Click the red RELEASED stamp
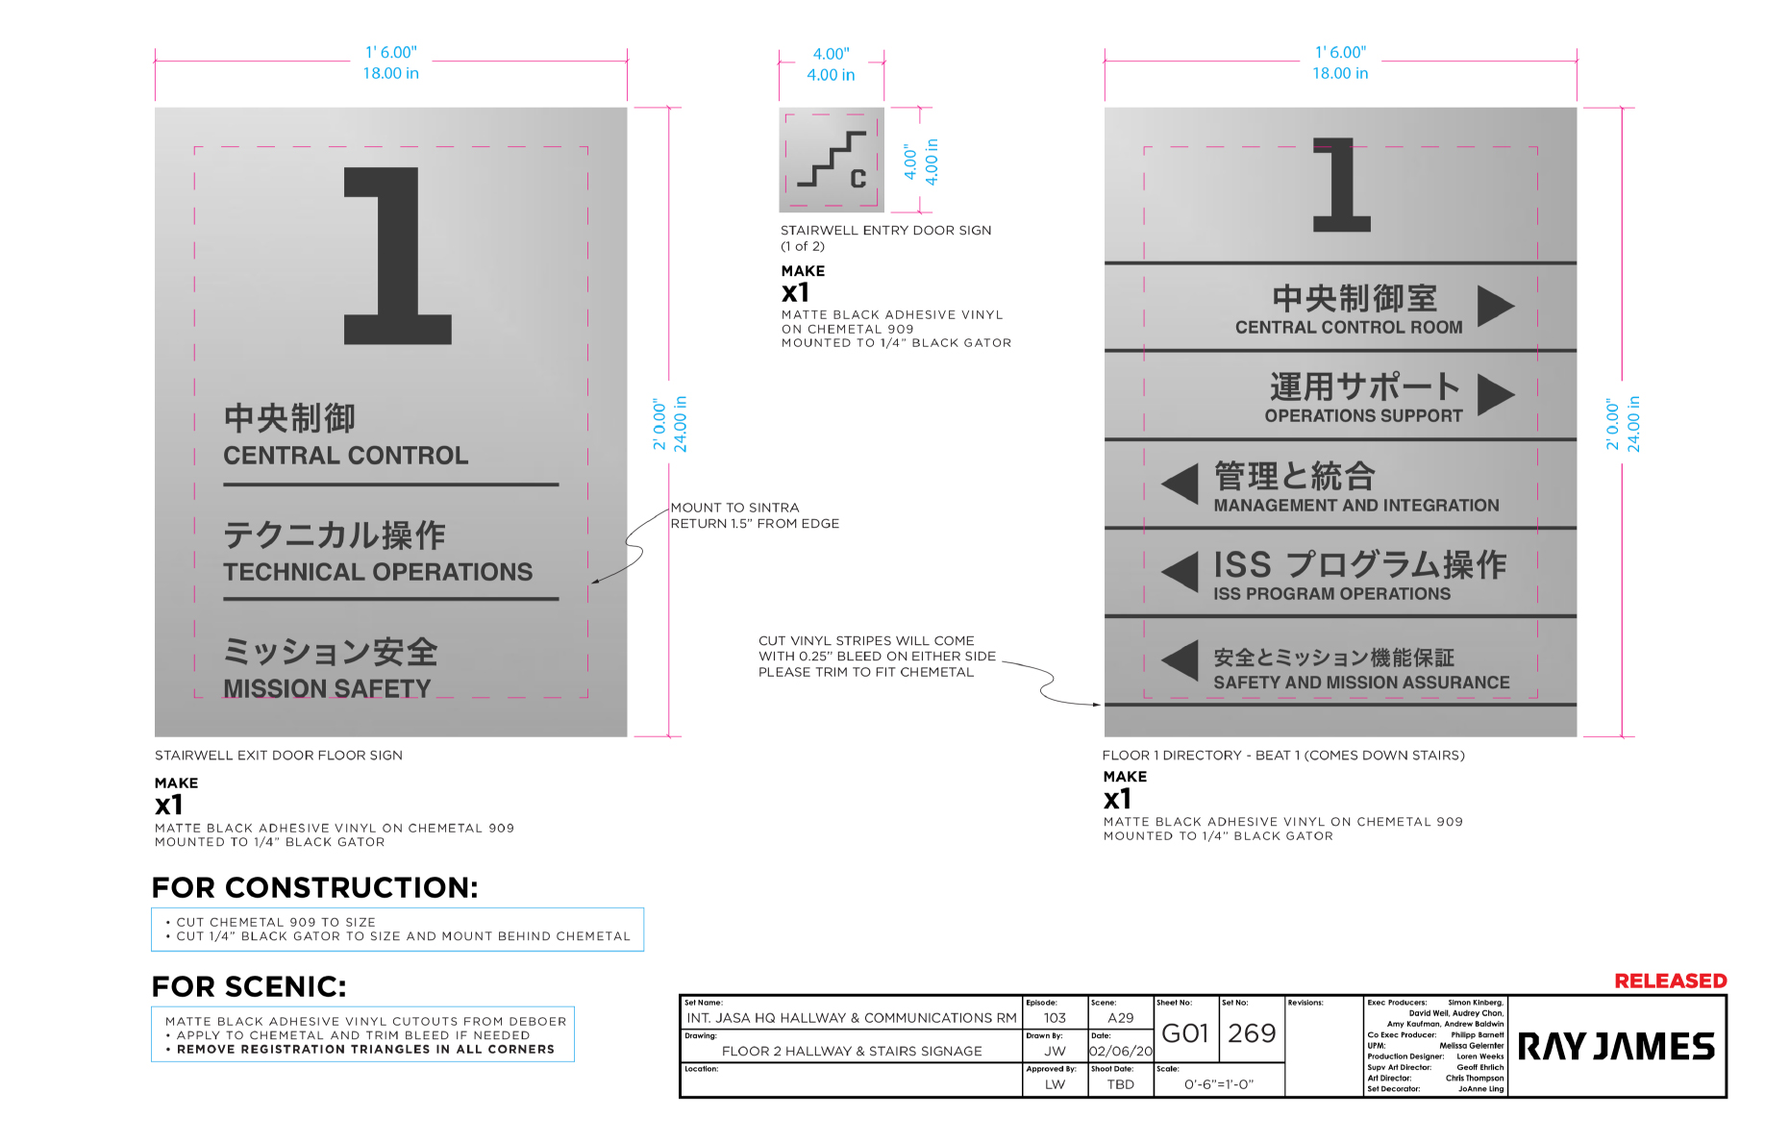click(1670, 981)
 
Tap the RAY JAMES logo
click(1616, 1047)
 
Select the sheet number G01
click(1185, 1033)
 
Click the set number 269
click(1252, 1033)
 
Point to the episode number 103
click(1055, 1018)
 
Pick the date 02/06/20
click(1121, 1052)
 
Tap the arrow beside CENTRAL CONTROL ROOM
click(1496, 306)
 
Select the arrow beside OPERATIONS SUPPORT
click(1496, 394)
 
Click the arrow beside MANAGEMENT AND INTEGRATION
click(1181, 484)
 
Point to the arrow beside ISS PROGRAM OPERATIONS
click(1181, 572)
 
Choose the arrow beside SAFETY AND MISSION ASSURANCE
click(1181, 660)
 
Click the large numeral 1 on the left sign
click(397, 256)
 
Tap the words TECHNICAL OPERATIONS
click(378, 572)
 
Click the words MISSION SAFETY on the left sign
click(327, 688)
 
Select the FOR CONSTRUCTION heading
click(314, 887)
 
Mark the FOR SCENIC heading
click(249, 986)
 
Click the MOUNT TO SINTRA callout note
click(755, 515)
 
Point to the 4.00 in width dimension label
click(831, 75)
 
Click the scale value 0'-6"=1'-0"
click(1219, 1084)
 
